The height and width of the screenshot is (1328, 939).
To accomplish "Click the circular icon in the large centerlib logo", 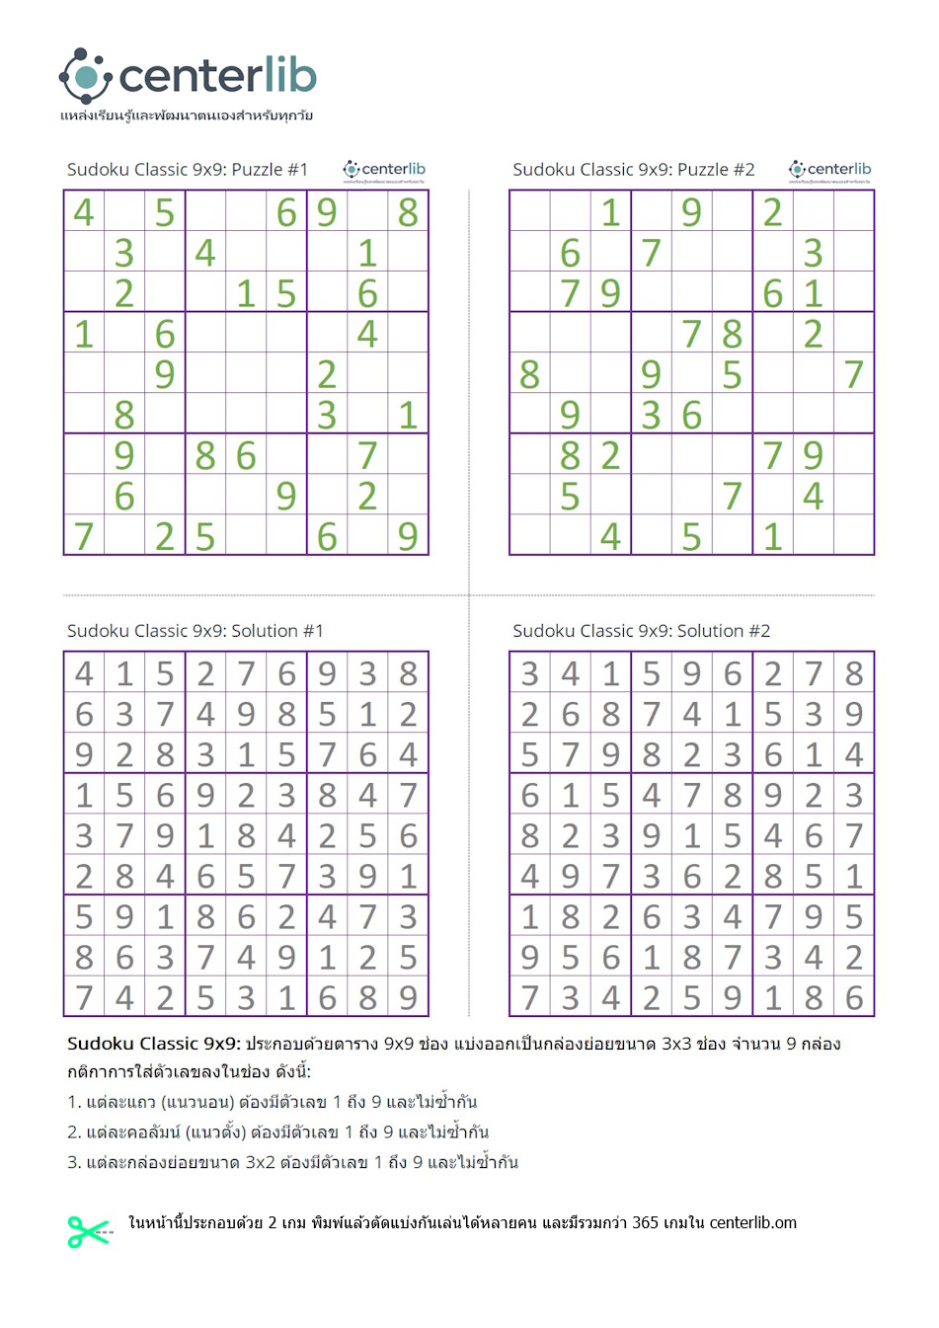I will tap(85, 76).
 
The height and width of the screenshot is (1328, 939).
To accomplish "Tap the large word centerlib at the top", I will tap(217, 76).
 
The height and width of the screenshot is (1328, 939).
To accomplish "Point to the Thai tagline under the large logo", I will tap(186, 116).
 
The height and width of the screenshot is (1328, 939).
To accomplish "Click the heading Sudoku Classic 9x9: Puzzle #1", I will tap(188, 170).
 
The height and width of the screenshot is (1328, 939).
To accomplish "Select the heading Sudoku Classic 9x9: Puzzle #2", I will tap(633, 170).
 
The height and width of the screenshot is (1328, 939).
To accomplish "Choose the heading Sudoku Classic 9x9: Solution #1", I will tap(195, 631).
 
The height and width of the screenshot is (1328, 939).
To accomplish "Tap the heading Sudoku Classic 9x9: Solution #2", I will tap(641, 631).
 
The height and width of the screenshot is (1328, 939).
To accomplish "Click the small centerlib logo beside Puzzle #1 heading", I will tap(384, 171).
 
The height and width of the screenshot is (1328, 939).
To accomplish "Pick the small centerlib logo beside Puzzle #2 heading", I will tap(829, 171).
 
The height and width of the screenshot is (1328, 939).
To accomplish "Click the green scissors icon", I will tap(88, 1231).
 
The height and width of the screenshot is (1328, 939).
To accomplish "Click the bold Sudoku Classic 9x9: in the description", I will tap(153, 1044).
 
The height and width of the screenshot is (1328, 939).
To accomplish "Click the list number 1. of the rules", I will tap(73, 1102).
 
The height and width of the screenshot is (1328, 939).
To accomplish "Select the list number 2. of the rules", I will tap(74, 1133).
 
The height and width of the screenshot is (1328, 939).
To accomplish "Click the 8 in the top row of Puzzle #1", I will tap(408, 212).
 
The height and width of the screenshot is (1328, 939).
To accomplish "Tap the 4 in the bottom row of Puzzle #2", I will tap(610, 536).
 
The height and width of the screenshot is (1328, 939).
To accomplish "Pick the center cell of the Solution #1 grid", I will tap(246, 835).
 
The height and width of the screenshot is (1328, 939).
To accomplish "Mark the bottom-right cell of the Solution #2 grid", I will tap(854, 997).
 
